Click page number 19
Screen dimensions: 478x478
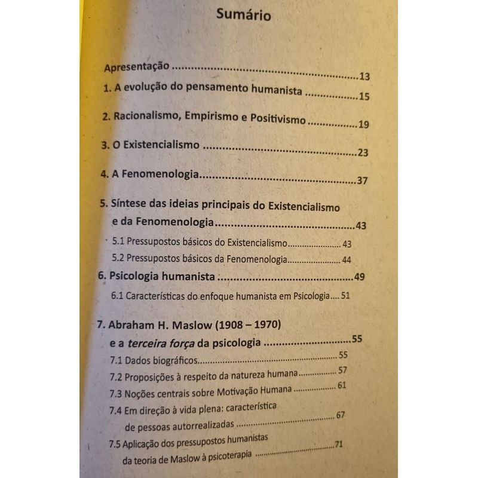pyautogui.click(x=364, y=124)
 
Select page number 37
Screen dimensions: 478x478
pyautogui.click(x=361, y=180)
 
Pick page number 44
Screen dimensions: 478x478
pyautogui.click(x=347, y=260)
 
